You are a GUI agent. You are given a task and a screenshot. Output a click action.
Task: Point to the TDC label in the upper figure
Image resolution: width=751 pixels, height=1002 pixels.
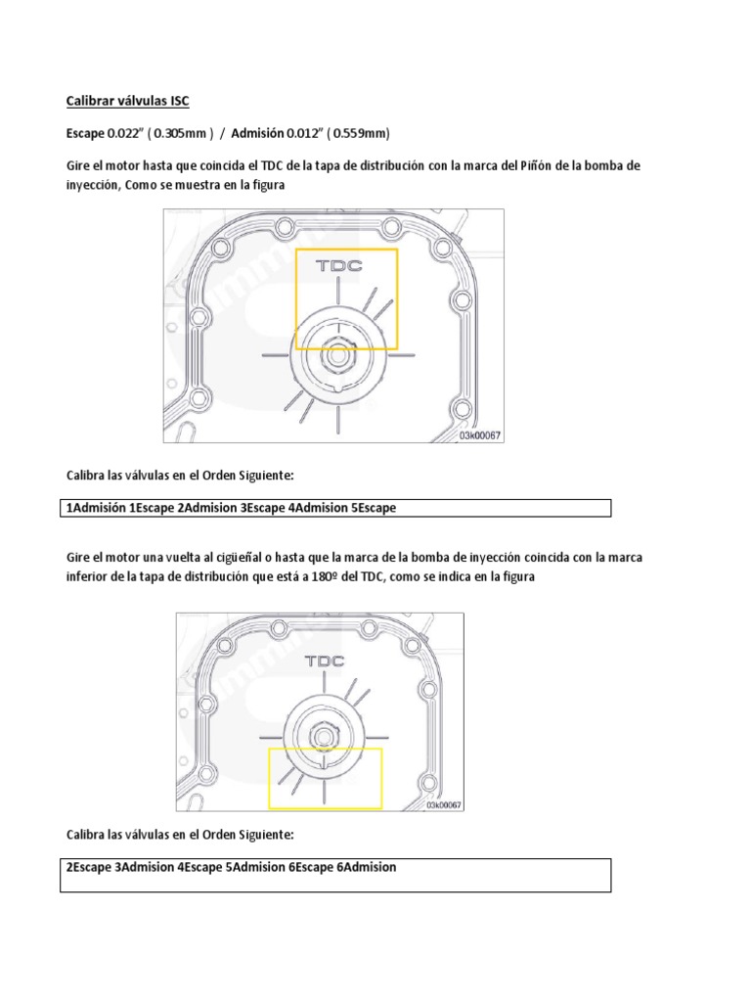pyautogui.click(x=336, y=265)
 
